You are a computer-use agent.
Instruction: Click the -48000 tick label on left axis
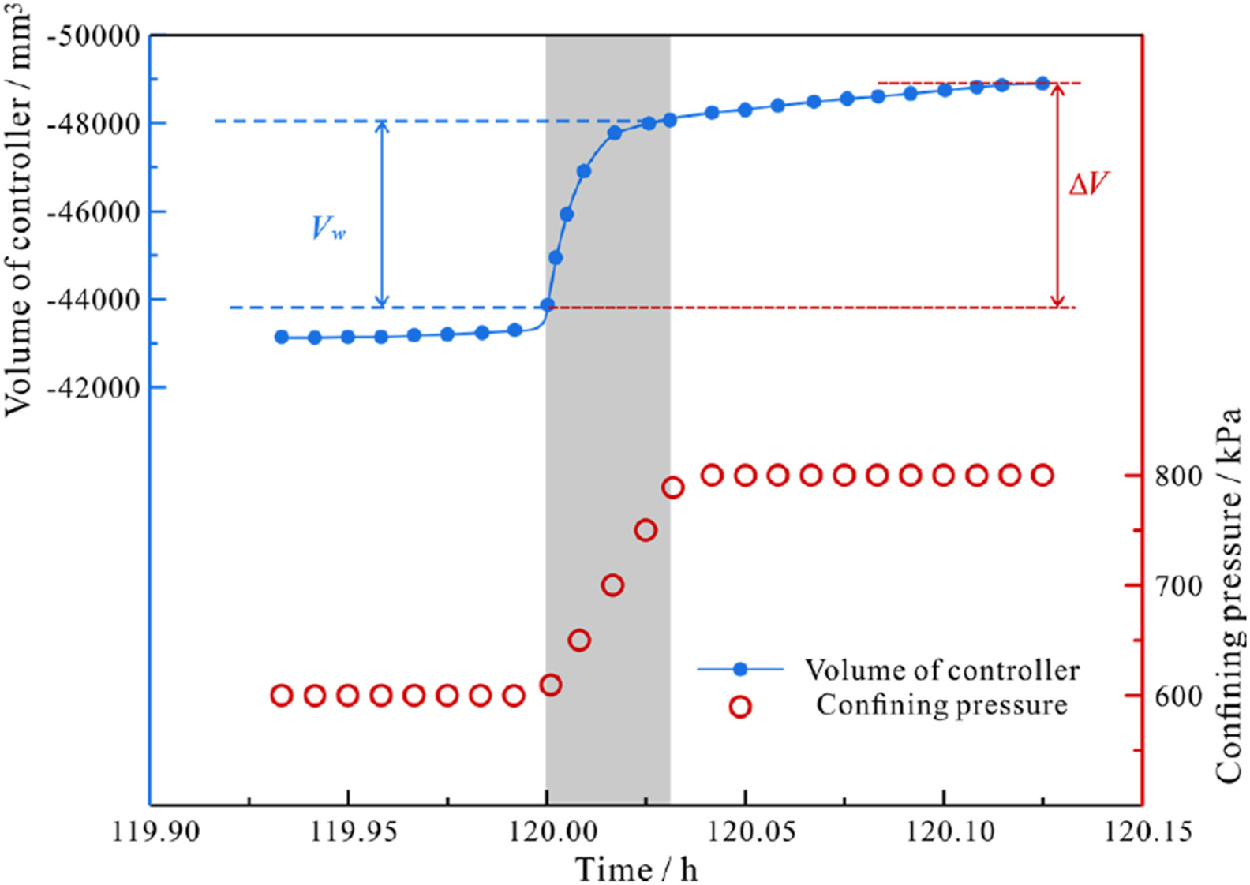(94, 124)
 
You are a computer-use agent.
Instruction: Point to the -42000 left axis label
(94, 388)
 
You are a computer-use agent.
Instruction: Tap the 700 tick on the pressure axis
(1178, 586)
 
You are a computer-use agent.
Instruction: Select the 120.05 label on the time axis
(744, 831)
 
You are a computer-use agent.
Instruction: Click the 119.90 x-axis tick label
(150, 831)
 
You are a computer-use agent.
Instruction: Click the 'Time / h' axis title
(637, 868)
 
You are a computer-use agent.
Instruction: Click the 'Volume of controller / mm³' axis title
(20, 209)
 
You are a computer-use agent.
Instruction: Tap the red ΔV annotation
(1088, 185)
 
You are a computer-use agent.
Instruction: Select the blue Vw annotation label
(328, 229)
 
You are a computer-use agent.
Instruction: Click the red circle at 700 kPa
(612, 585)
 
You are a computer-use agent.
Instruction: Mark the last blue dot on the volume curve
(1042, 83)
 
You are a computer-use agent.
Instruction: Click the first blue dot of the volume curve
(282, 337)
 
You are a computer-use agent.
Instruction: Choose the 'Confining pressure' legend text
(941, 704)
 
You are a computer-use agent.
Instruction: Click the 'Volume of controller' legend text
(941, 670)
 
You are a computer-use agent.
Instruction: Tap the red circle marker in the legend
(739, 706)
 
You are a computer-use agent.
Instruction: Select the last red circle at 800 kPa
(1042, 475)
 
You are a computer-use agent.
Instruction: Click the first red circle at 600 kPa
(282, 696)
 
